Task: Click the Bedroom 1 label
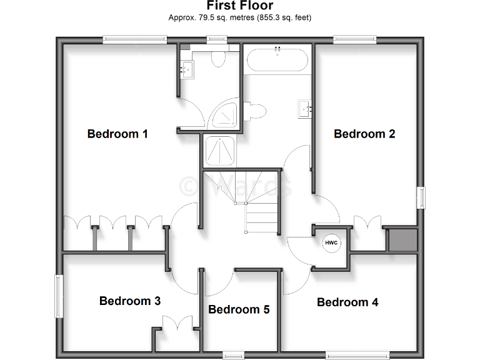click(117, 134)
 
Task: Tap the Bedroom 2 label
click(364, 134)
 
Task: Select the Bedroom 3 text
click(130, 301)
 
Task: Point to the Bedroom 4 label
click(347, 302)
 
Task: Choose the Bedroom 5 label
click(239, 309)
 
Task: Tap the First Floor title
click(240, 6)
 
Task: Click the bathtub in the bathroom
click(277, 61)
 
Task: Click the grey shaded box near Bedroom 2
click(402, 240)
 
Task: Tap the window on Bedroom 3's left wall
click(59, 296)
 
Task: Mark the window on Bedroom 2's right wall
click(421, 197)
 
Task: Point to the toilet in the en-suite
click(218, 59)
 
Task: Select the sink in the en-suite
click(187, 69)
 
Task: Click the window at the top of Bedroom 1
click(135, 40)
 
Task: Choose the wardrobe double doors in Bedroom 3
click(177, 324)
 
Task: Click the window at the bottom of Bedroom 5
click(233, 356)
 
